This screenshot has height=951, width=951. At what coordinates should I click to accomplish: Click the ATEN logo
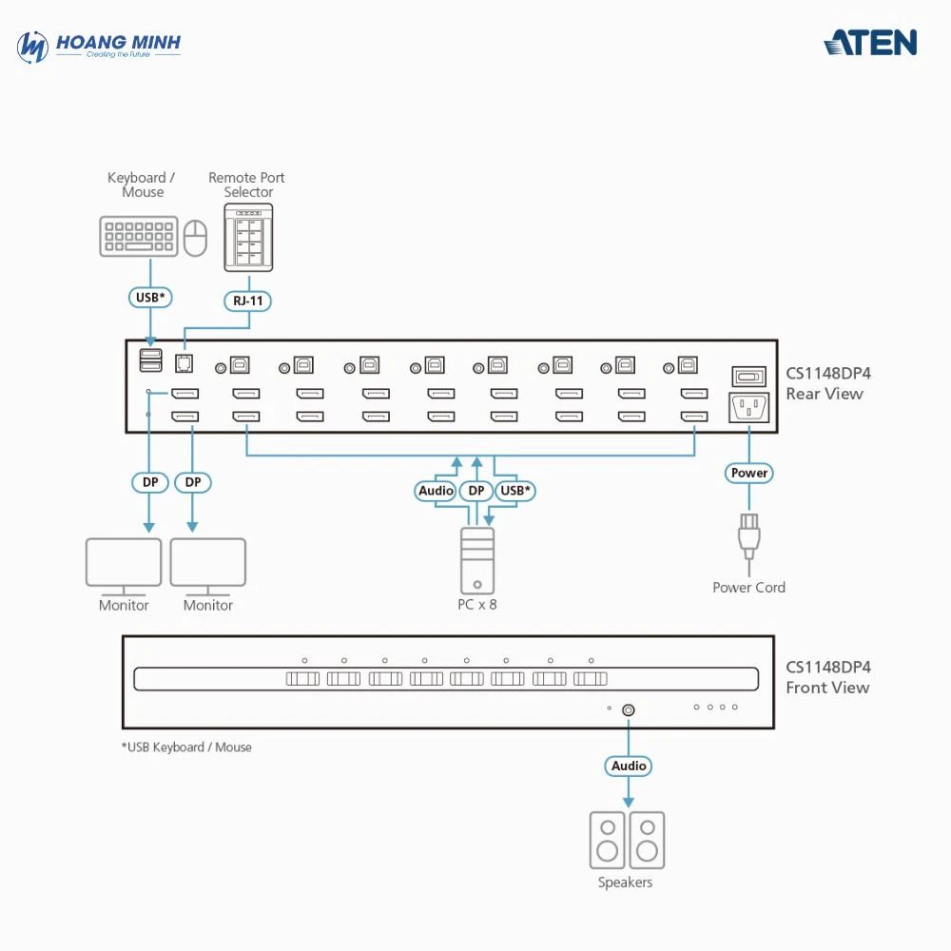coord(870,43)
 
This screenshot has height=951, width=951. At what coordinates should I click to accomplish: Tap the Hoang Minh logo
coord(99,46)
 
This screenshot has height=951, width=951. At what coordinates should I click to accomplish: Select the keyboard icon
coord(138,237)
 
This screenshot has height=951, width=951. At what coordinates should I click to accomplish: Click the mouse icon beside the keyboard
coord(196,238)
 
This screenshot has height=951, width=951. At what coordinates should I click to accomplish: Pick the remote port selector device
coord(248,237)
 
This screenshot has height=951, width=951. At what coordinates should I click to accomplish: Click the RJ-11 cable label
coord(248,301)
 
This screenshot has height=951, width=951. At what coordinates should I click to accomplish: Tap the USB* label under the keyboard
coord(150,298)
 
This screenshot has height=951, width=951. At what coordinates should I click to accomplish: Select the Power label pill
coord(749,473)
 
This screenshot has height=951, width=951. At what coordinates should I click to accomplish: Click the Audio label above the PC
coord(437,491)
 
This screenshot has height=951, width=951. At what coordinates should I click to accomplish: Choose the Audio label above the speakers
coord(629,766)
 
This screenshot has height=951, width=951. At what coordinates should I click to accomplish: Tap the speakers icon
coord(627,840)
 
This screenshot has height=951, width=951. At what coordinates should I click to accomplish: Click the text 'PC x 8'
coord(477,604)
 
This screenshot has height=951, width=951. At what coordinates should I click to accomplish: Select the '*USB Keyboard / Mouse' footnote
coord(186,747)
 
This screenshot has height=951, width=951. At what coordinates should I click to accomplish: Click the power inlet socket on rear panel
coord(748,408)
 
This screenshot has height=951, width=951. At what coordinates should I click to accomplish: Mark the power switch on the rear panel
coord(748,376)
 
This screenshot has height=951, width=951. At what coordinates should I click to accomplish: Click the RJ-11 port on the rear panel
coord(184,362)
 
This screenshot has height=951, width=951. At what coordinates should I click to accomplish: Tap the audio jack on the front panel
coord(629,709)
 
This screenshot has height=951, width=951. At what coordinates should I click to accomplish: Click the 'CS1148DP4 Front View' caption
coord(827,677)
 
